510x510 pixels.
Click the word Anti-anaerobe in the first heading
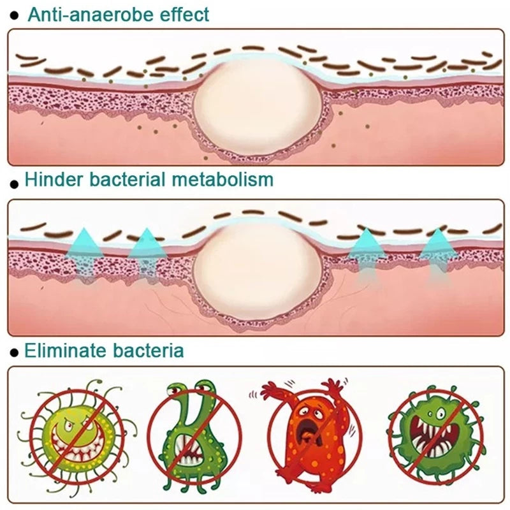click(94, 14)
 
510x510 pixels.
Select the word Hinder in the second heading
click(54, 179)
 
